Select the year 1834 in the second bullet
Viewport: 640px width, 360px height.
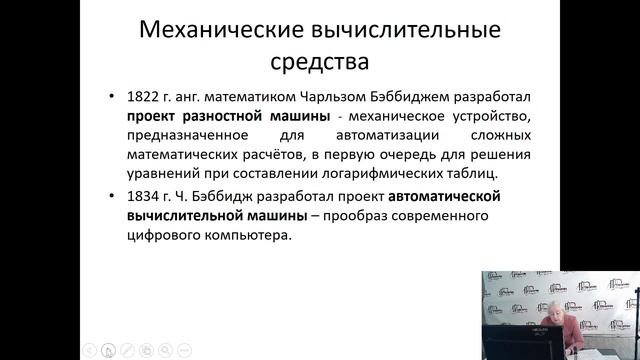[x=143, y=196]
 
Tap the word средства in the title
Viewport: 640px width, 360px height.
[x=319, y=62]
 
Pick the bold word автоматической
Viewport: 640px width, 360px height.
[x=444, y=196]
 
